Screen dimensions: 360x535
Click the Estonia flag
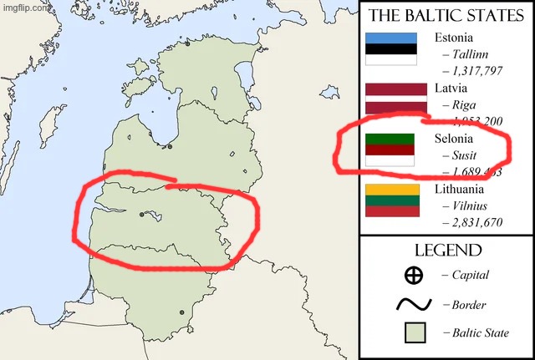[391, 48]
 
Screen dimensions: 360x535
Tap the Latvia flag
[391, 99]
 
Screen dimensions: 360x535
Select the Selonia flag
[391, 149]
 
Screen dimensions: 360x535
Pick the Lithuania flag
[391, 200]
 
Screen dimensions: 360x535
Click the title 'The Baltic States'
[446, 16]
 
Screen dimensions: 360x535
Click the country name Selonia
[454, 138]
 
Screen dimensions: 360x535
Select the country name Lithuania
[459, 189]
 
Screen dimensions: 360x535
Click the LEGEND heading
[447, 251]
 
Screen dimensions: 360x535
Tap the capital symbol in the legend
[413, 275]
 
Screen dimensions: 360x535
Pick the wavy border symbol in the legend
[413, 304]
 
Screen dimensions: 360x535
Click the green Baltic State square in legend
[414, 333]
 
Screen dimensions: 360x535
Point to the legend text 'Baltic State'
[481, 333]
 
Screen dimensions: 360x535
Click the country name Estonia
[454, 37]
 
